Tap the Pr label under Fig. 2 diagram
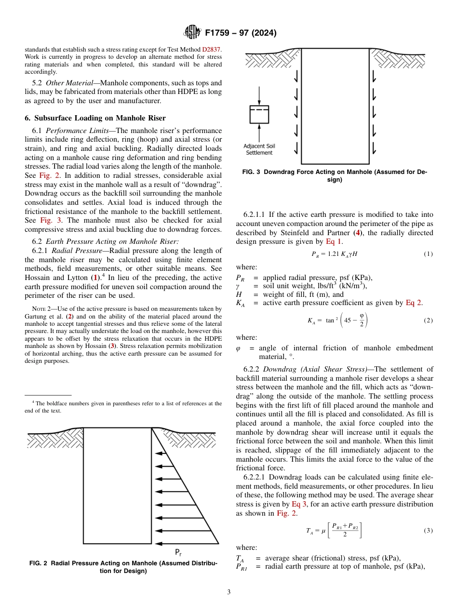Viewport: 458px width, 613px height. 178,552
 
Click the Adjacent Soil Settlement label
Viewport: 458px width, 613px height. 259,149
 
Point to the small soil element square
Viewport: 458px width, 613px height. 259,114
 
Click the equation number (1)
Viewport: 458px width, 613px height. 428,253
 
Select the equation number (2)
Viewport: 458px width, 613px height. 428,320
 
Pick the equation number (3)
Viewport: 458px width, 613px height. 428,530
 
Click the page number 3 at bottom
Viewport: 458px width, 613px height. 229,592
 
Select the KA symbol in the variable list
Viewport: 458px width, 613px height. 240,303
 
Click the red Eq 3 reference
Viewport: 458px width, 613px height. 297,504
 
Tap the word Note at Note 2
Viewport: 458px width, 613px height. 38,309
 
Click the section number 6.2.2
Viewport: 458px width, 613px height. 253,370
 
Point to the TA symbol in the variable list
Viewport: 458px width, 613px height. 240,559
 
